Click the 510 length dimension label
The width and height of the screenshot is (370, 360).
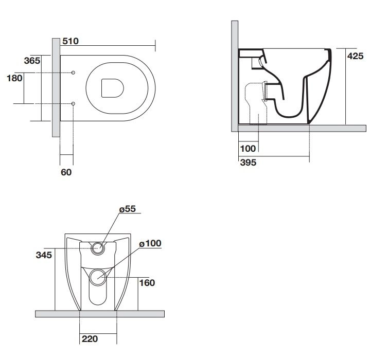click(71, 41)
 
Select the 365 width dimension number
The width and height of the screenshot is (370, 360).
click(32, 61)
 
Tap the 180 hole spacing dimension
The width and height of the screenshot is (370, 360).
click(14, 78)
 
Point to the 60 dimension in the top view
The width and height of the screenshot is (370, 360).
click(66, 172)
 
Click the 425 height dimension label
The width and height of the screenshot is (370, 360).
click(356, 56)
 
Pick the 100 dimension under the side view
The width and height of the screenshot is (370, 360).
click(248, 149)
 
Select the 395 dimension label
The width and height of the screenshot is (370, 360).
click(248, 163)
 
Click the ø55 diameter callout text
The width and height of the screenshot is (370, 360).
click(128, 209)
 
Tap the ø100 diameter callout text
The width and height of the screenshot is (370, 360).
click(150, 243)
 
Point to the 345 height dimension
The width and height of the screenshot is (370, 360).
click(44, 255)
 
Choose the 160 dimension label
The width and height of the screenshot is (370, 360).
click(147, 283)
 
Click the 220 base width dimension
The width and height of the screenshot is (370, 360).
click(90, 339)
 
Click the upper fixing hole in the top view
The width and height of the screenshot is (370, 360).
click(73, 73)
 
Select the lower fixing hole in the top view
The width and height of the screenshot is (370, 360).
click(73, 103)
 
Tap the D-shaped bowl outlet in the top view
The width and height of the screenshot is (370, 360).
click(113, 88)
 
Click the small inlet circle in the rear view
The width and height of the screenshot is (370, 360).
click(98, 248)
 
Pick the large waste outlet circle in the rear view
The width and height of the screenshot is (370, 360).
click(98, 277)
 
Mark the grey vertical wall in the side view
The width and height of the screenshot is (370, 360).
click(235, 76)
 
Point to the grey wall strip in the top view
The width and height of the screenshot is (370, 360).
click(56, 87)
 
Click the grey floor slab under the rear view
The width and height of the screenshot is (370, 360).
click(100, 314)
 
